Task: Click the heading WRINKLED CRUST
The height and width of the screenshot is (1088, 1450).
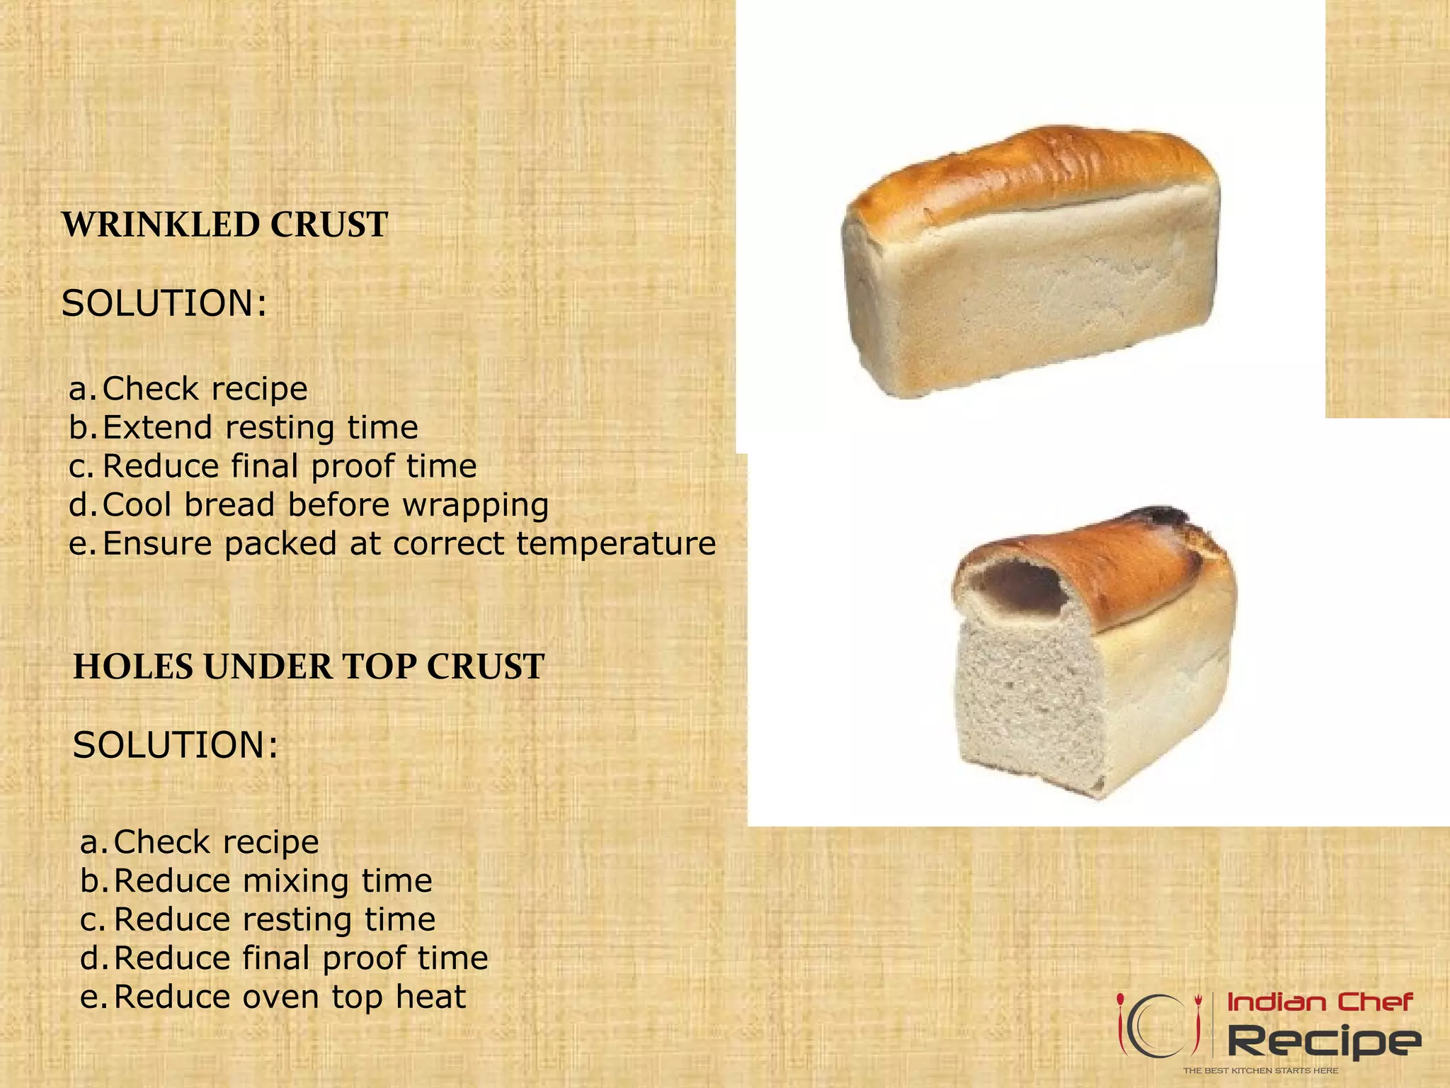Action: pyautogui.click(x=224, y=225)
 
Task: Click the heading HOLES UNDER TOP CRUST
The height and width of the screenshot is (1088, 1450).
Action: pyautogui.click(x=309, y=667)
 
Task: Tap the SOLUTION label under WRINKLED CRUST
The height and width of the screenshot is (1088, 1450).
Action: pyautogui.click(x=164, y=303)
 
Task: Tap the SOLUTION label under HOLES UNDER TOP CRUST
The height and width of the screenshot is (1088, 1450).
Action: pyautogui.click(x=176, y=745)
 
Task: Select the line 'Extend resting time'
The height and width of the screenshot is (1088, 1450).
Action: pyautogui.click(x=260, y=427)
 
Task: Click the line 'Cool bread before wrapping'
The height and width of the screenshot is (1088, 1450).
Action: pyautogui.click(x=325, y=504)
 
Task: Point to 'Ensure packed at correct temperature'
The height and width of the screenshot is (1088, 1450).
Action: pyautogui.click(x=409, y=543)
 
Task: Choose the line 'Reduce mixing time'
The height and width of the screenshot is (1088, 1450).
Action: pyautogui.click(x=273, y=880)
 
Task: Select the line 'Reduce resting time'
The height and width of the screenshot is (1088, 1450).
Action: pyautogui.click(x=274, y=919)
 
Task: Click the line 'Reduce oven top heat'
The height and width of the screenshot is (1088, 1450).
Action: pyautogui.click(x=290, y=997)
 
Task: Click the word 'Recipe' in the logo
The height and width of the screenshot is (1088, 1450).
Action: pyautogui.click(x=1323, y=1041)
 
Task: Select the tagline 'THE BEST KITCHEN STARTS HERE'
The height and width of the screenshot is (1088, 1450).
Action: pyautogui.click(x=1260, y=1070)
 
